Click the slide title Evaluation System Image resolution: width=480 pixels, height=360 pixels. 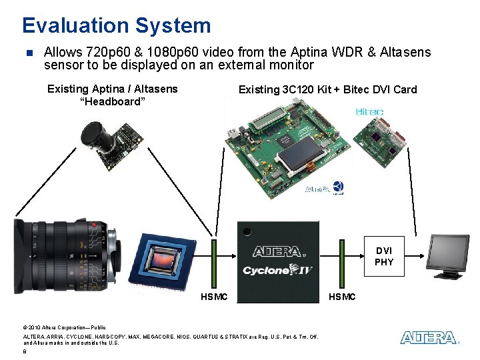pos(116,25)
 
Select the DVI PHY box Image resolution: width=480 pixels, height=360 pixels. pos(384,256)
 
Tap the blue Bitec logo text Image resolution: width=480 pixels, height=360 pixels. pos(369,111)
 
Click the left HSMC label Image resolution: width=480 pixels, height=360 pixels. pos(214,296)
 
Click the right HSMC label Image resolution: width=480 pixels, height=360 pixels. pos(342,296)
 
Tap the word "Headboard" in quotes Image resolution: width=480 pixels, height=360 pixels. pos(112,102)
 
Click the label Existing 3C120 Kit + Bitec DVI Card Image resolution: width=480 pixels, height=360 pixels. pos(327,89)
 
